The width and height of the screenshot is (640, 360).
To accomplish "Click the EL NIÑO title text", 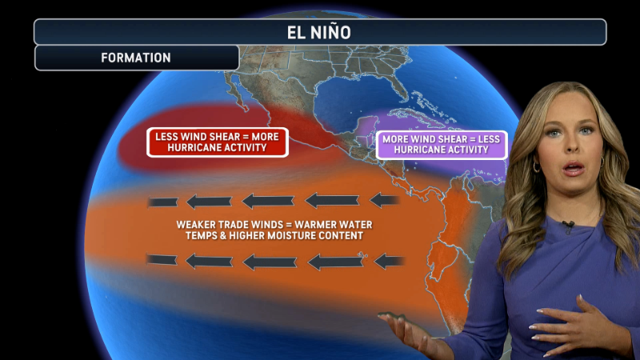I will pos(319,33).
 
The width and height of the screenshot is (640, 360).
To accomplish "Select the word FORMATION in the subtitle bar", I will pos(136,58).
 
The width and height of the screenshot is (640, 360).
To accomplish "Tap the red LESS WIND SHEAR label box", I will pos(217,142).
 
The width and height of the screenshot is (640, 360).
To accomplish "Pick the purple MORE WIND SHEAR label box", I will pos(442,145).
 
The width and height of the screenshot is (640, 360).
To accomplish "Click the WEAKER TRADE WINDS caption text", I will pos(274,230).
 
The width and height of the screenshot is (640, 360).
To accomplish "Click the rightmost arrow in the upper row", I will pos(386,199).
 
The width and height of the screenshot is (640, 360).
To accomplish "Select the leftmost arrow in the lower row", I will pos(162,260).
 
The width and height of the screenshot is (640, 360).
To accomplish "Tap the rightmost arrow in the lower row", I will pos(390,260).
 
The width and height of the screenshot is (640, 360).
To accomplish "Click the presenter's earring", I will pos(537,166).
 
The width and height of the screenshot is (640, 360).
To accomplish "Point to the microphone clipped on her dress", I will pos(568,226).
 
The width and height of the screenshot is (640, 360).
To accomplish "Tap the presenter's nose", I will pos(574,149).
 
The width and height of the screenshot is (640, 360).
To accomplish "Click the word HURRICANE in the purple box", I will pos(417,150).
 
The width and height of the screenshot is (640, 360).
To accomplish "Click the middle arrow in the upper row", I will pos(268,201).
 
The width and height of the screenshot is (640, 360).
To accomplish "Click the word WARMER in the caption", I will pos(315,224).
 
